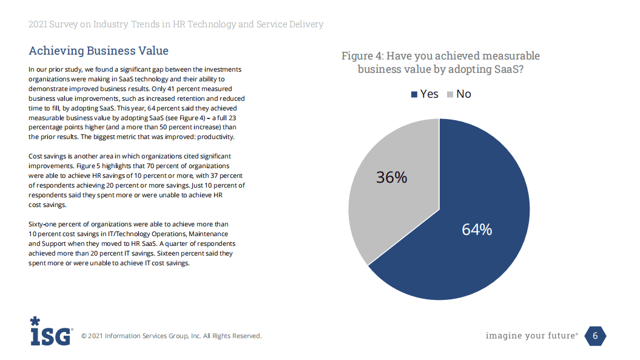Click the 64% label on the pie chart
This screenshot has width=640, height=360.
477,230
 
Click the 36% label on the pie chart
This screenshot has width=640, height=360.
391,178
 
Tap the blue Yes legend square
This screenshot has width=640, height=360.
415,94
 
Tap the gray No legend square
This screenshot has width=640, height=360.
450,94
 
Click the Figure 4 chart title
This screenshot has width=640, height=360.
440,63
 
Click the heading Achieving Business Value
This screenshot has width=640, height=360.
99,50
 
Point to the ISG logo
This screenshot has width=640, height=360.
50,331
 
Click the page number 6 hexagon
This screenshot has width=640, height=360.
595,336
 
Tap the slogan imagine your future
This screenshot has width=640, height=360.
531,336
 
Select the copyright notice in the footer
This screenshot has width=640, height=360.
171,336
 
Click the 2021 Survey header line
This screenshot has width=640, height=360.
176,24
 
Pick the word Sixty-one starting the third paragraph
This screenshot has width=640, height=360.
47,224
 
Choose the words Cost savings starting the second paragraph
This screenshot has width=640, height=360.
50,156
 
